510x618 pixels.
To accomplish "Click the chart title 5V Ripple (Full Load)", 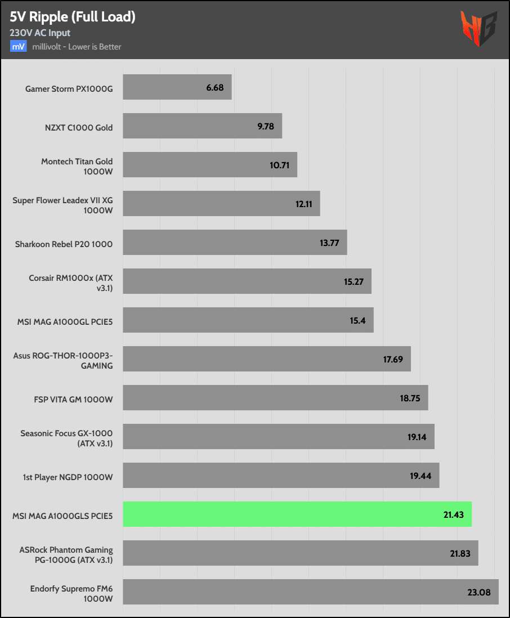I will pyautogui.click(x=73, y=17).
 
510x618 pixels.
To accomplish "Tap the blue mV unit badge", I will pyautogui.click(x=18, y=47).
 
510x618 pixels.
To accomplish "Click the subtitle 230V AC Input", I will pyautogui.click(x=40, y=33).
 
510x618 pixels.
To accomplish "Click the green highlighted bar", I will pyautogui.click(x=297, y=514).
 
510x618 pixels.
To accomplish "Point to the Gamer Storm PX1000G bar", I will pyautogui.click(x=177, y=87).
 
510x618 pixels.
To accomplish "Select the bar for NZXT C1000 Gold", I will pyautogui.click(x=202, y=126).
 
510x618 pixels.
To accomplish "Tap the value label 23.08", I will pyautogui.click(x=479, y=592).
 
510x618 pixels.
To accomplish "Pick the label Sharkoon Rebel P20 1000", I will pyautogui.click(x=64, y=244).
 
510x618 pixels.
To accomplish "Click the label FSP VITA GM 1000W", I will pyautogui.click(x=74, y=400).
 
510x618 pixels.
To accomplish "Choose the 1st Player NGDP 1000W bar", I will pyautogui.click(x=281, y=476).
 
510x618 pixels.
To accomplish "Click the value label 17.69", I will pyautogui.click(x=393, y=359).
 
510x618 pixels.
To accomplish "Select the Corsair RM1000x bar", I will pyautogui.click(x=247, y=281).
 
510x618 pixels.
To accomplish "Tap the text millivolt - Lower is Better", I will pyautogui.click(x=77, y=47).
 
